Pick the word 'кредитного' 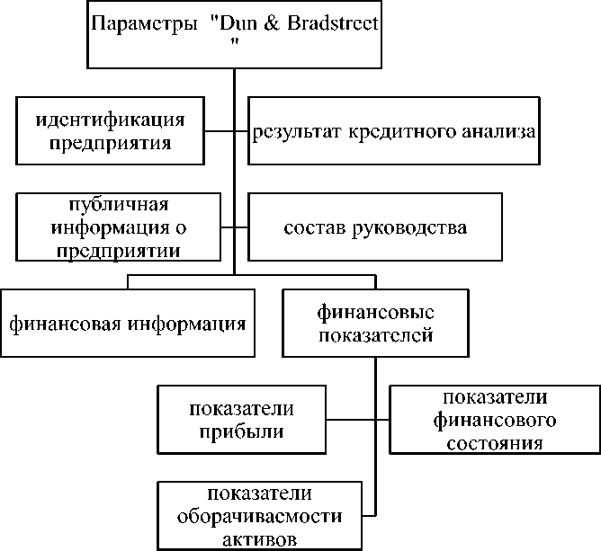[390, 131]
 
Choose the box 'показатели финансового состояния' [494, 420]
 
